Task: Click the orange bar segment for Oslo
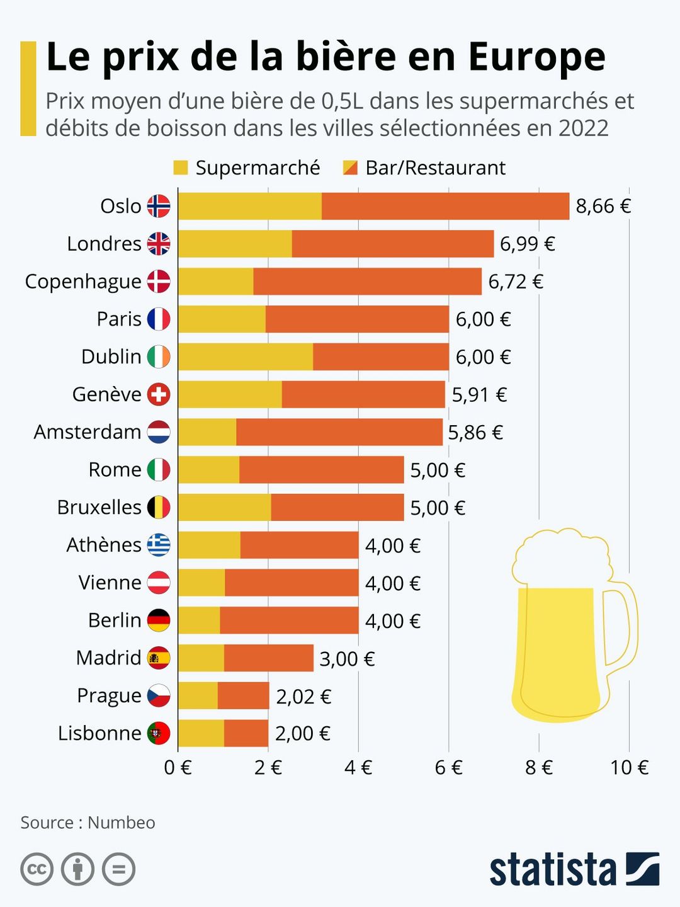(x=445, y=206)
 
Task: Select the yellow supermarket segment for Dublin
(x=246, y=357)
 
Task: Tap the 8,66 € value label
(x=603, y=206)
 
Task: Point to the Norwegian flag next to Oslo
(x=159, y=206)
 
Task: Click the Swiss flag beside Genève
(x=159, y=394)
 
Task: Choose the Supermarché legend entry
(x=247, y=168)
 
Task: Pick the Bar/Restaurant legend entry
(x=424, y=168)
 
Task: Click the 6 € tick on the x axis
(x=448, y=767)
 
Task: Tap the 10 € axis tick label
(x=629, y=767)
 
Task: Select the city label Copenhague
(x=83, y=282)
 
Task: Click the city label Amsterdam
(x=88, y=432)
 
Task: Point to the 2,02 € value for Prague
(x=303, y=696)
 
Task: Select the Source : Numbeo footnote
(x=88, y=823)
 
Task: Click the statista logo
(x=574, y=870)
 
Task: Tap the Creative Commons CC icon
(x=37, y=869)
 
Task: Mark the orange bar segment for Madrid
(x=268, y=658)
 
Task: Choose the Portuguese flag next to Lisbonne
(x=159, y=733)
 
